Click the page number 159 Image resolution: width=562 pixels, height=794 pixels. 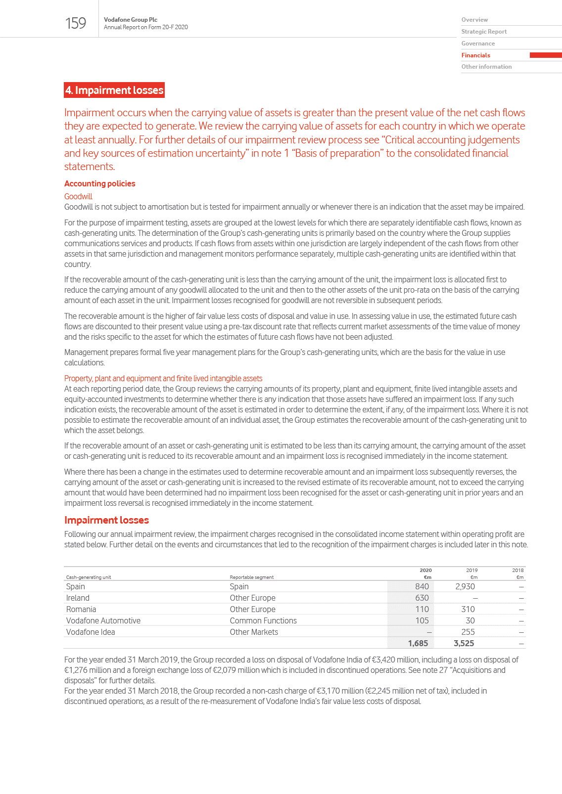point(76,23)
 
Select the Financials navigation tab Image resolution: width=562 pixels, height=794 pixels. point(476,55)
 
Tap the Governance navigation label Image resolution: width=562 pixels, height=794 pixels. point(478,44)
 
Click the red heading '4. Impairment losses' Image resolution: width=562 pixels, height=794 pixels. point(114,90)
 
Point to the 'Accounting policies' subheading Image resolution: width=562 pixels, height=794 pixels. point(99,183)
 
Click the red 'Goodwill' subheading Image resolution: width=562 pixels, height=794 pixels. point(78,196)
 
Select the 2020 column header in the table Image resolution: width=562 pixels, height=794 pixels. point(425,570)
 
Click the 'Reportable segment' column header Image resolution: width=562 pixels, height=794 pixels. point(251,577)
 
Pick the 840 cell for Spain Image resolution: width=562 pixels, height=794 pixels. point(422,586)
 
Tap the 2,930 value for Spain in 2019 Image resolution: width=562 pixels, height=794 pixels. point(465,586)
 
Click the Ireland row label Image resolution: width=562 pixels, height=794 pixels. point(78,598)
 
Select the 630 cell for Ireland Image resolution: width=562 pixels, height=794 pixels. point(422,598)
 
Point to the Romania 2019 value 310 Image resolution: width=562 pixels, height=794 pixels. point(468,609)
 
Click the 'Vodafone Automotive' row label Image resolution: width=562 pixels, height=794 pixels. point(103,620)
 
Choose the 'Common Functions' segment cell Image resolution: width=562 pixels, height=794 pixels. point(263,620)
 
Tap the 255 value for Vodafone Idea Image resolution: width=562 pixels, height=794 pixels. point(468,632)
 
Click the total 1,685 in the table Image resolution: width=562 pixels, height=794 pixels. point(418,643)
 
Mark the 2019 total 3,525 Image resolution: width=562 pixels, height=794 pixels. point(464,643)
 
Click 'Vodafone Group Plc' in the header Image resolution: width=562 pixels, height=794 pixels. point(131,20)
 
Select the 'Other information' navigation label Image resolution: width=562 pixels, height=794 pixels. point(486,67)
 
